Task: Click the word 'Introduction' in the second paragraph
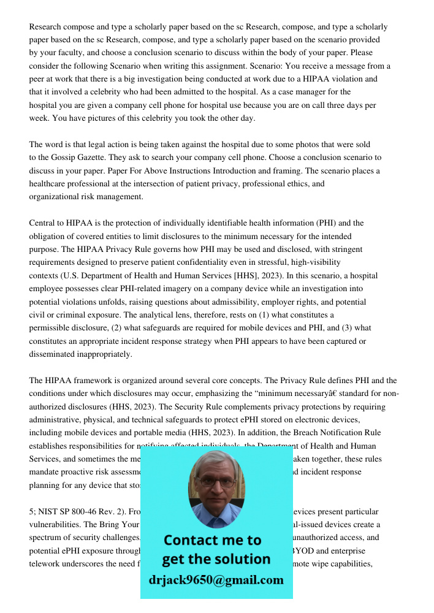tap(270, 170)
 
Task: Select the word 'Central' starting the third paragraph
tap(42, 223)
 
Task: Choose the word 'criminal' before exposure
tap(59, 315)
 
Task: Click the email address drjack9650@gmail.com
tap(216, 579)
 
